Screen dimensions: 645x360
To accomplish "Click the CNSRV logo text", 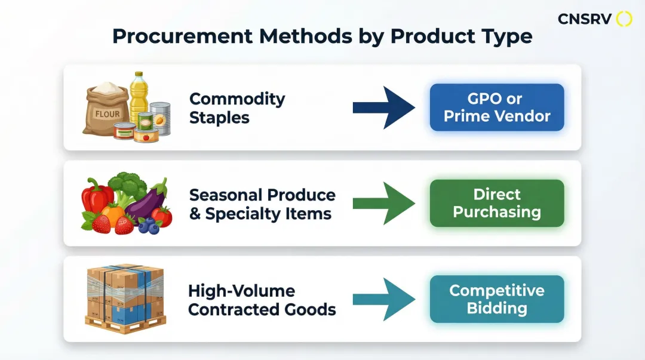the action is tap(585, 19).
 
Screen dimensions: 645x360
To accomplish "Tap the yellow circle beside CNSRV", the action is tap(624, 19).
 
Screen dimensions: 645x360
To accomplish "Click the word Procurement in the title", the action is tap(182, 36).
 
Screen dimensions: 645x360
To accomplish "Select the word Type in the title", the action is tap(508, 37).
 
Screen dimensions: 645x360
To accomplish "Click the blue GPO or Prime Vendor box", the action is tap(497, 107).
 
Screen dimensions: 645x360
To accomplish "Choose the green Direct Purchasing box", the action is tap(497, 203).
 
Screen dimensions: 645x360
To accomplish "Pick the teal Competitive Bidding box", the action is tap(497, 299).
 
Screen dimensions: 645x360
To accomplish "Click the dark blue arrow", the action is tap(384, 108).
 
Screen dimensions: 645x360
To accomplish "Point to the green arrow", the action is tap(384, 203).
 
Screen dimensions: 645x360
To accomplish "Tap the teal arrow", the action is tap(384, 299).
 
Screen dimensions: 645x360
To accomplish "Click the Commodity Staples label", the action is tap(237, 108).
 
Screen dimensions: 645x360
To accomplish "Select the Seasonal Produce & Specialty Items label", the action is tap(262, 204).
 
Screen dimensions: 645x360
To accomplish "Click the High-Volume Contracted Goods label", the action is tap(262, 300).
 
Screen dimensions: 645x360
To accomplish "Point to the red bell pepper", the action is tap(97, 196).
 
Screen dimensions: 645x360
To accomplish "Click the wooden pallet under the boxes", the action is tap(125, 324).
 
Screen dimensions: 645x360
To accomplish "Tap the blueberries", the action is tap(149, 225).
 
